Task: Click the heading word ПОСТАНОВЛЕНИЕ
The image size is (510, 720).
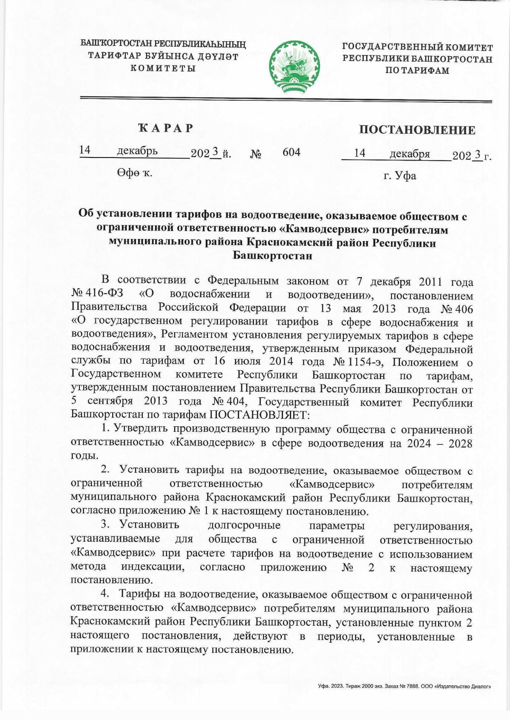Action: pos(417,130)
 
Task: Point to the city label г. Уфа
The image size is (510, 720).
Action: pos(399,176)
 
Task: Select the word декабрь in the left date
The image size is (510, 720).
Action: pos(137,151)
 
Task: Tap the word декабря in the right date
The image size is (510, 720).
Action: pos(410,154)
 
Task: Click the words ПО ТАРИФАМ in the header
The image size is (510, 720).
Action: pos(417,70)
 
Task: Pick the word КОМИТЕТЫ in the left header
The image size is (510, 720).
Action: pos(163,68)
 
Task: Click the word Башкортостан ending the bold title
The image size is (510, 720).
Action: pos(272,256)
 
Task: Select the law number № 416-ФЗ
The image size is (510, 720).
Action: pos(97,294)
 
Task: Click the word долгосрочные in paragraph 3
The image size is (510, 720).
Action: pos(244,526)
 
